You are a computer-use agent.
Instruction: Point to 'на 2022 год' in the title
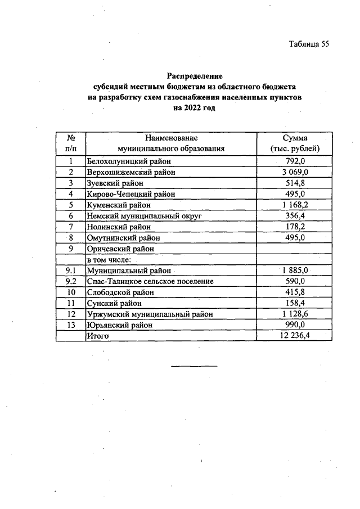(x=195, y=108)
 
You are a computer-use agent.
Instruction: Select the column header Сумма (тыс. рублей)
(x=295, y=143)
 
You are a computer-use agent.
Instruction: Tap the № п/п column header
(x=71, y=143)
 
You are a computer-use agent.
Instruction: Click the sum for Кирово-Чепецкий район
(x=295, y=194)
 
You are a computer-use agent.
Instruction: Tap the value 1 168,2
(x=295, y=205)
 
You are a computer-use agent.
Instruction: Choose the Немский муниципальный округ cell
(x=143, y=216)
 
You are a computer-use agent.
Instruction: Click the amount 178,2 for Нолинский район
(x=295, y=227)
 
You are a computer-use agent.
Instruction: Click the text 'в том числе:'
(x=109, y=260)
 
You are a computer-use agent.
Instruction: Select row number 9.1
(x=71, y=271)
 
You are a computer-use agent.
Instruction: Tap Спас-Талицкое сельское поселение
(x=150, y=281)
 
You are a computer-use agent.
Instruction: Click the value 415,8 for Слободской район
(x=295, y=292)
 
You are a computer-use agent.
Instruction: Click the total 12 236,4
(x=295, y=336)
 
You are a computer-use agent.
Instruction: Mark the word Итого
(x=97, y=336)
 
